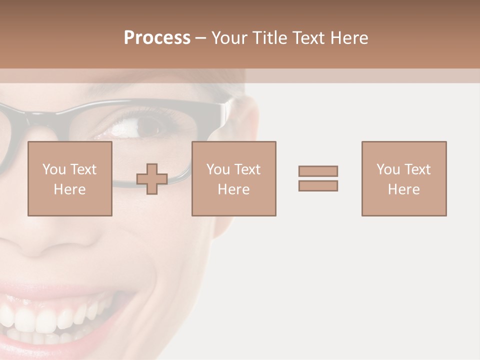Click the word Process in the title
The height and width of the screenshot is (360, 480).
point(157,38)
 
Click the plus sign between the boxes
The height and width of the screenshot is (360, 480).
point(152,179)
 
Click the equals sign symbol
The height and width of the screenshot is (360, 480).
point(318,178)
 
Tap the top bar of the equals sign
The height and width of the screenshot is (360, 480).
point(318,171)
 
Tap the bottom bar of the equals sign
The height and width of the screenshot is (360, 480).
point(318,185)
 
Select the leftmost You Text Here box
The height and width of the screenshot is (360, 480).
point(69,178)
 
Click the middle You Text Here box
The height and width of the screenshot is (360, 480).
point(233,178)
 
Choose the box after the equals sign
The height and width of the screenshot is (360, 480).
point(403,178)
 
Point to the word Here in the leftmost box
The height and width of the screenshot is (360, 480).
point(69,189)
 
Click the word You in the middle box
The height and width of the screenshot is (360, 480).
point(218,169)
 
